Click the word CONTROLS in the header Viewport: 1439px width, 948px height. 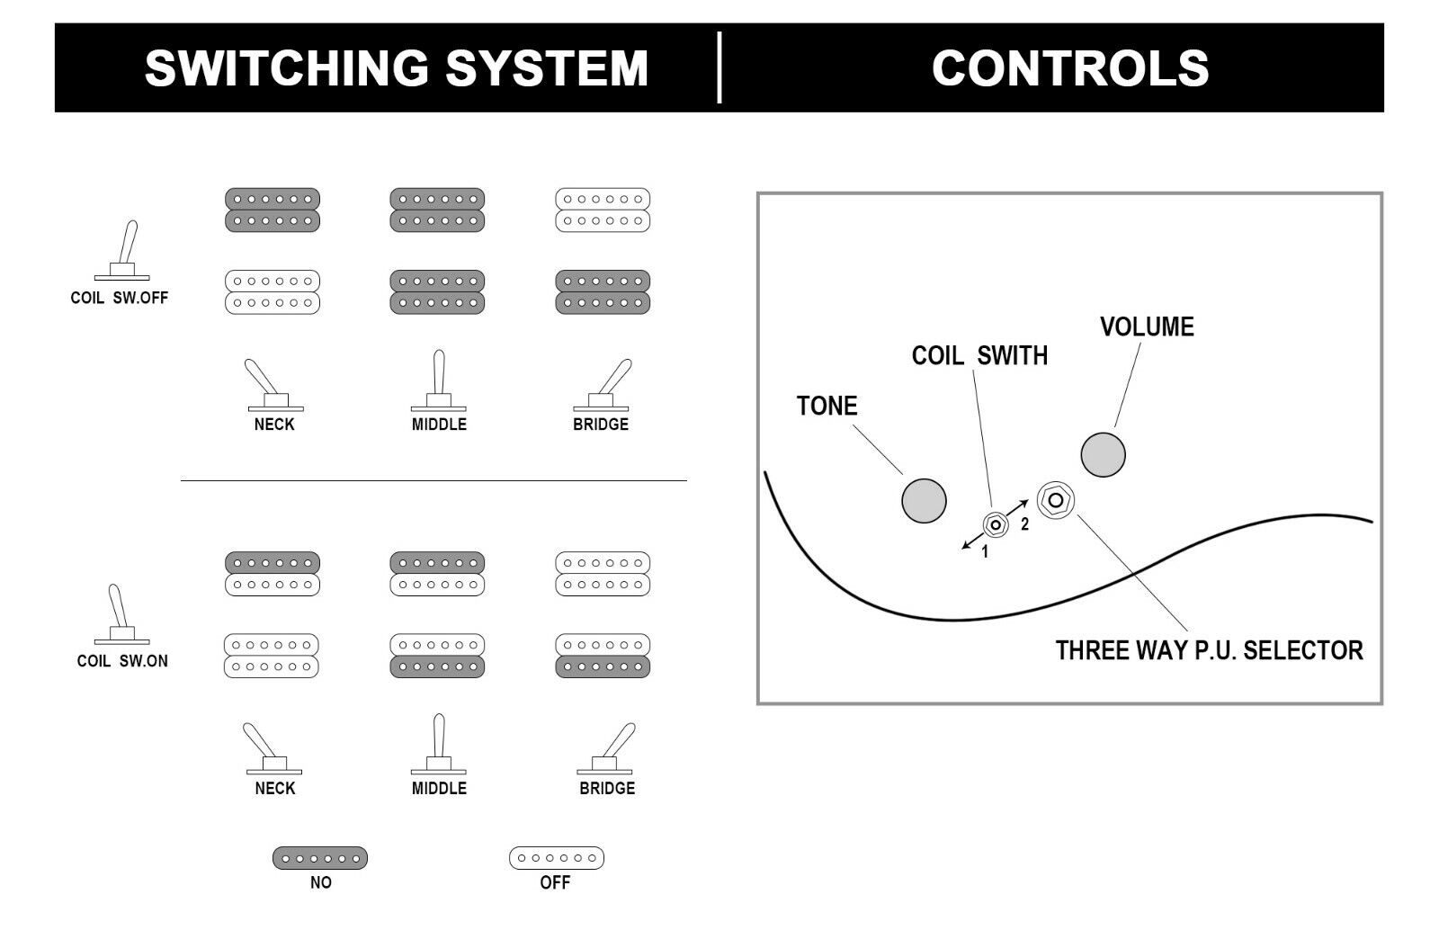coord(1069,67)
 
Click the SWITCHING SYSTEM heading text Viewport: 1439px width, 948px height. coord(396,67)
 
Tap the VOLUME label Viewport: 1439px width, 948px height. coord(1147,326)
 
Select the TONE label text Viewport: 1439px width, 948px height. coord(827,406)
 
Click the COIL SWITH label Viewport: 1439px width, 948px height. coord(979,355)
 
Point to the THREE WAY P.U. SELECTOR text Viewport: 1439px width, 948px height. coord(1209,649)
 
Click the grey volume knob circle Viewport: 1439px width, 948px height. coord(1103,454)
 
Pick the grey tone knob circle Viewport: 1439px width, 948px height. coord(924,500)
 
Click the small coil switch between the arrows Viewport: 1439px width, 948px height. coord(995,524)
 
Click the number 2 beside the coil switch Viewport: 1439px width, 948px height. coord(1024,525)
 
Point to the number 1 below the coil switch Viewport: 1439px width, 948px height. coord(985,552)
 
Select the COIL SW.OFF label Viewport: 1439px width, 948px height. coord(119,298)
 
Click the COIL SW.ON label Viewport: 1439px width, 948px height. coord(122,661)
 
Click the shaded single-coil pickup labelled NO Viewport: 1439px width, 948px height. coord(320,858)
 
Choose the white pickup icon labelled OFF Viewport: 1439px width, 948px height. coord(556,858)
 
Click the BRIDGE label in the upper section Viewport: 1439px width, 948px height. coord(601,425)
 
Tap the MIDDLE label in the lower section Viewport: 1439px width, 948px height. coord(439,788)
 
